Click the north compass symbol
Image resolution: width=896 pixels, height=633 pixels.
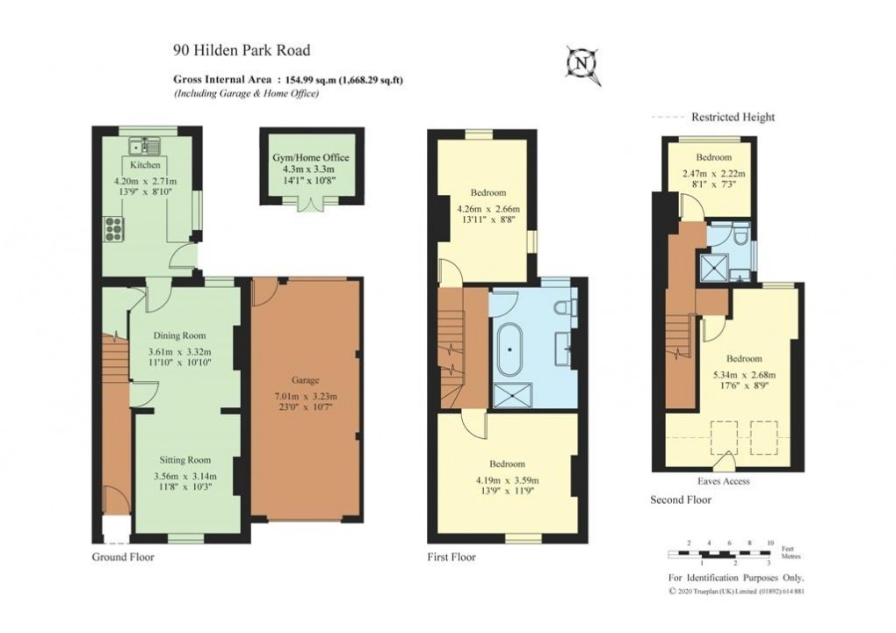[582, 64]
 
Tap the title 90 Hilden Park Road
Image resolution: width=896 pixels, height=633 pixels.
[242, 51]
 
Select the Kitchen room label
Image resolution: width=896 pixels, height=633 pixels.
[145, 165]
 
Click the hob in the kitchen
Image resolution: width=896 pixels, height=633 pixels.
[115, 229]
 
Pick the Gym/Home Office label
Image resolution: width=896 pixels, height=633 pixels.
[311, 157]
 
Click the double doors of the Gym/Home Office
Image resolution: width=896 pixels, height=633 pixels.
[310, 203]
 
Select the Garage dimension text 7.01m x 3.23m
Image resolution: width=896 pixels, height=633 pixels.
[305, 396]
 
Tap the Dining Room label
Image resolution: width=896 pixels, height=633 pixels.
[179, 335]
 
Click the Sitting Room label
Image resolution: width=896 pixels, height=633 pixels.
[184, 459]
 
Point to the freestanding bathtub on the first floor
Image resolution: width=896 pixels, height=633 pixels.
[509, 348]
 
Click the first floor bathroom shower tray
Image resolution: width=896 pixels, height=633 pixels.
[508, 397]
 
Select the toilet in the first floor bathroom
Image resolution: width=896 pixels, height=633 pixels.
[565, 306]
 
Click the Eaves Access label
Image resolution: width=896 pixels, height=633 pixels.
[724, 481]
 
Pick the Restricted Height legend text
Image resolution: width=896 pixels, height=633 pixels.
[733, 117]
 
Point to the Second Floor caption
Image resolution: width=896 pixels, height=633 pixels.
[681, 500]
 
